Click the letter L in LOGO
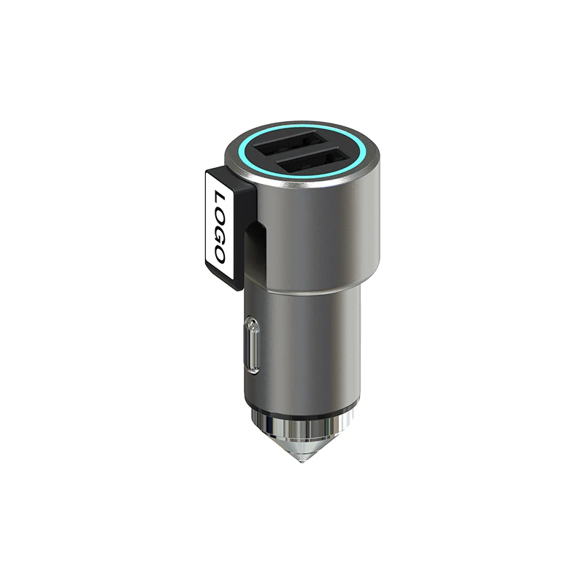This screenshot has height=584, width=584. click(x=218, y=197)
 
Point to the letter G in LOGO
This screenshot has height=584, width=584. click(x=218, y=234)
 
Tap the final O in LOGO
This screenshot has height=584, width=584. click(x=218, y=253)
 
